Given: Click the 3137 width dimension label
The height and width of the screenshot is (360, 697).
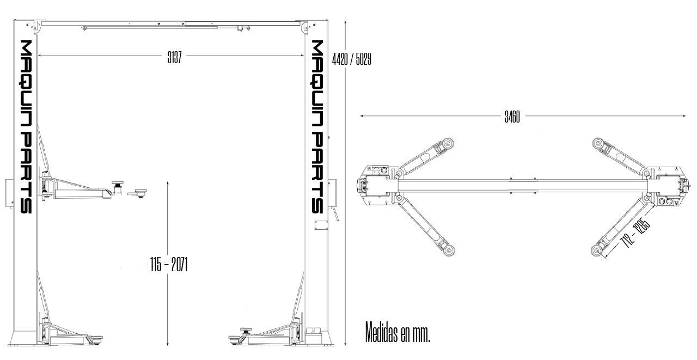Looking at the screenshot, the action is (174, 58).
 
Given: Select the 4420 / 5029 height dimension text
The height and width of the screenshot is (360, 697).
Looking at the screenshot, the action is (352, 59).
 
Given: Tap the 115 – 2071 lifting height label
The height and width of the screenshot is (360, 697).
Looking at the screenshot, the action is (169, 265).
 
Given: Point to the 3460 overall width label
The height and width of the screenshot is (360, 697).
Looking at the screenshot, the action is (512, 117).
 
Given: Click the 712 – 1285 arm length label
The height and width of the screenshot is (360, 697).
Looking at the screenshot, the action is (635, 233).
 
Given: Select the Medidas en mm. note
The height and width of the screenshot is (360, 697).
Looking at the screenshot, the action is (398, 333).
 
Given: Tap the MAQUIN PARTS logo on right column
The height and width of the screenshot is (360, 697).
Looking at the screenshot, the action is (317, 127).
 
